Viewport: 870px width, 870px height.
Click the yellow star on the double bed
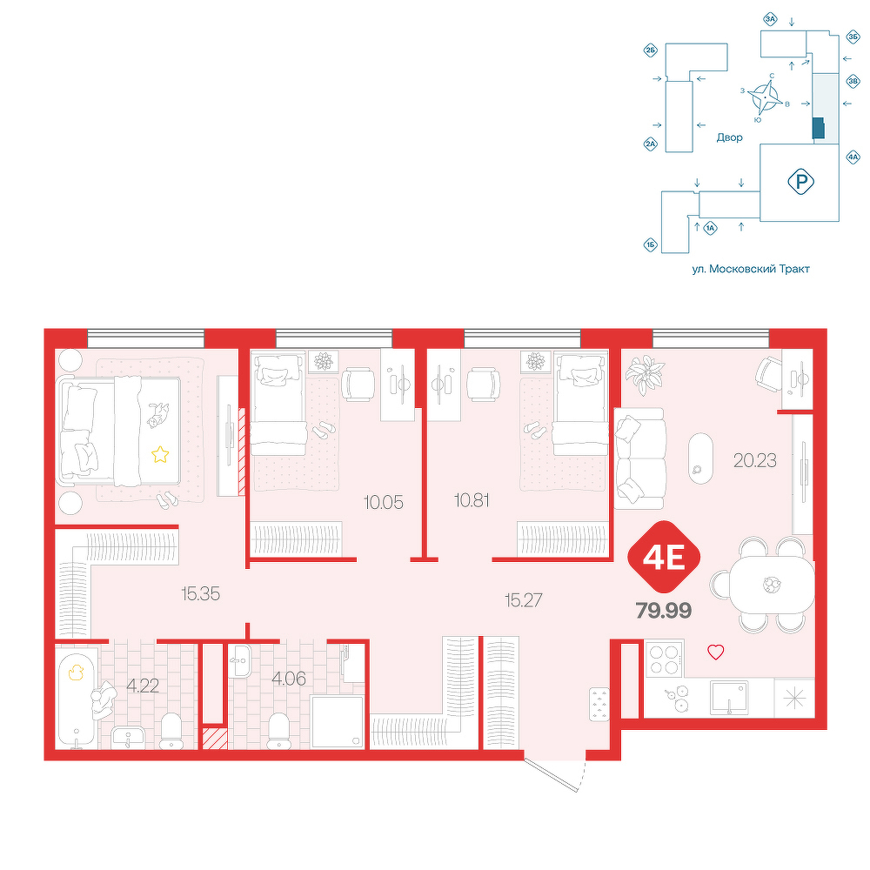coord(160,455)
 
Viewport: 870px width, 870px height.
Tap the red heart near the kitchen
coord(716,652)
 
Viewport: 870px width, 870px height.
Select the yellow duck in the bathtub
coord(76,673)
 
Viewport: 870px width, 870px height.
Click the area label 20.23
coord(754,460)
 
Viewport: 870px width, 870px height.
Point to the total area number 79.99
coord(664,611)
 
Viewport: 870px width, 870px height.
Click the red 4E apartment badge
coord(664,557)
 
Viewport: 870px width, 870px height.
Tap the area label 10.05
coord(383,503)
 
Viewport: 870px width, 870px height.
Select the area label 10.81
coord(472,500)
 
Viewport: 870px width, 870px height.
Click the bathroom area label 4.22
coord(143,686)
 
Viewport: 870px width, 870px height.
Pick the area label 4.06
coord(289,678)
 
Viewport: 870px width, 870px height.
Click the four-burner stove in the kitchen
coord(665,659)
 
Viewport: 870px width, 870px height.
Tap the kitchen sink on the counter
coord(729,698)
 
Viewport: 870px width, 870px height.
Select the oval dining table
coord(772,585)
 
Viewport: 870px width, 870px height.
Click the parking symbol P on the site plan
coord(800,182)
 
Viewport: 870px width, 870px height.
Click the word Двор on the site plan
coord(729,137)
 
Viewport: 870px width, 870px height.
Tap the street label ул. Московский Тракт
coord(751,269)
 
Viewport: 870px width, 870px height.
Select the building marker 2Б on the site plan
coord(650,51)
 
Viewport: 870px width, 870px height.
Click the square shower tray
coord(338,722)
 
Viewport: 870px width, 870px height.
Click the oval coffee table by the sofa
coord(700,458)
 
